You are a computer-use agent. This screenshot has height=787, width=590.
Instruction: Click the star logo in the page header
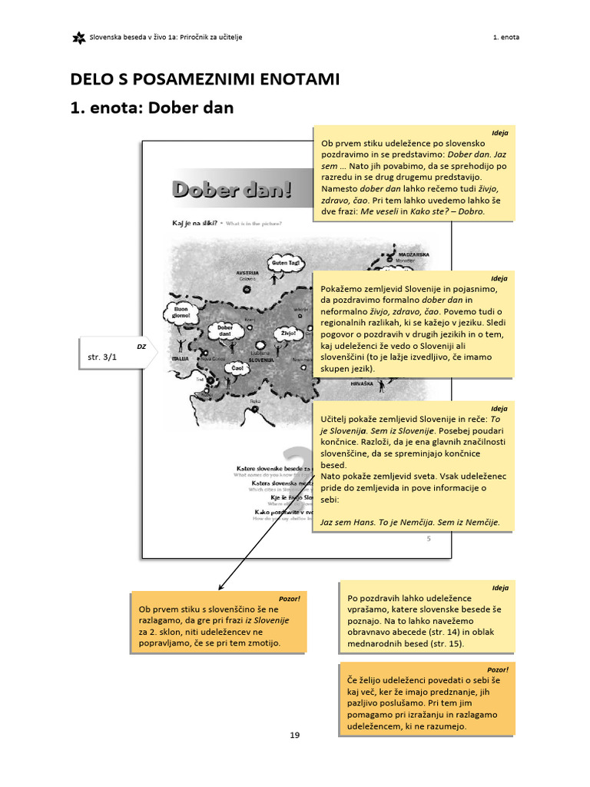tap(78, 38)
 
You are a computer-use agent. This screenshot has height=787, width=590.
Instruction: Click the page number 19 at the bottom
tap(295, 736)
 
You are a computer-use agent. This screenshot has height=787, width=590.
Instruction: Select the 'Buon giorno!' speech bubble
tap(181, 312)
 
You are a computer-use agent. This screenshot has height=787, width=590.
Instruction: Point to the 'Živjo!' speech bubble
tap(288, 334)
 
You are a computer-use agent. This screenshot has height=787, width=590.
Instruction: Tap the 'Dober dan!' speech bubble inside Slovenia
tap(225, 331)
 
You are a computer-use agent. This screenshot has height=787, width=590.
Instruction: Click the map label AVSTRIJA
tap(247, 273)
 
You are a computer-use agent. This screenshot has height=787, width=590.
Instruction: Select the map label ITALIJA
tap(181, 359)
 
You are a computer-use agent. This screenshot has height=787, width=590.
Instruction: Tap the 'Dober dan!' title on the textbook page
tap(232, 189)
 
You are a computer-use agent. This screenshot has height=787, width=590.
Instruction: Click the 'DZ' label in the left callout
tap(141, 347)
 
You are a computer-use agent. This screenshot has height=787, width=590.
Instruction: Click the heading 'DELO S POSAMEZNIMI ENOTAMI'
tap(205, 79)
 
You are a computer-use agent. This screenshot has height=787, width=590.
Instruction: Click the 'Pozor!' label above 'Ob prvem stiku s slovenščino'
tap(290, 598)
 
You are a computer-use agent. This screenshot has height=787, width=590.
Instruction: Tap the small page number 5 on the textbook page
tap(429, 539)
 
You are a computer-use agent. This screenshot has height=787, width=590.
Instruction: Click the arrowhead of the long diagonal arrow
tap(220, 587)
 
